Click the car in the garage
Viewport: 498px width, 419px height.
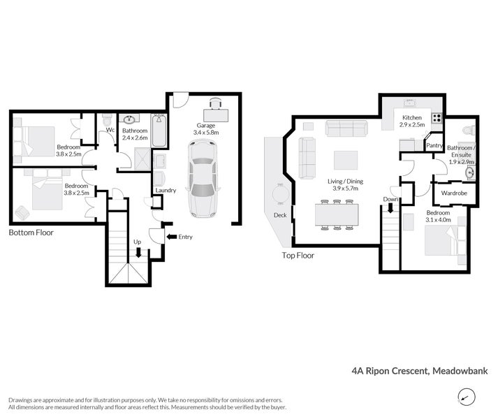(203, 177)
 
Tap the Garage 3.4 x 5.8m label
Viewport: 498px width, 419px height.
(205, 128)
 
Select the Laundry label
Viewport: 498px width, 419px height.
(166, 190)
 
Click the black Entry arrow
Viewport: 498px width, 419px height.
(172, 237)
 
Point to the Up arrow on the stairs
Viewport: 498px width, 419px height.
(138, 253)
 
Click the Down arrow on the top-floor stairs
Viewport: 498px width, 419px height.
(390, 208)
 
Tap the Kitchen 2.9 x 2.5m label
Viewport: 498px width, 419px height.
(412, 121)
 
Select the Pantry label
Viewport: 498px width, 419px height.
(435, 145)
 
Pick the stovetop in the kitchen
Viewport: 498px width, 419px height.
(437, 117)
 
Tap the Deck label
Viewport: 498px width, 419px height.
(281, 215)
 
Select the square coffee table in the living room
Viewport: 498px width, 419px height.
(345, 160)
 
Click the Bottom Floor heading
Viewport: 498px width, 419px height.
(31, 233)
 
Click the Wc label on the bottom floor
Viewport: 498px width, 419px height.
(110, 130)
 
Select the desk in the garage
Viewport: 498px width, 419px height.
(214, 109)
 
